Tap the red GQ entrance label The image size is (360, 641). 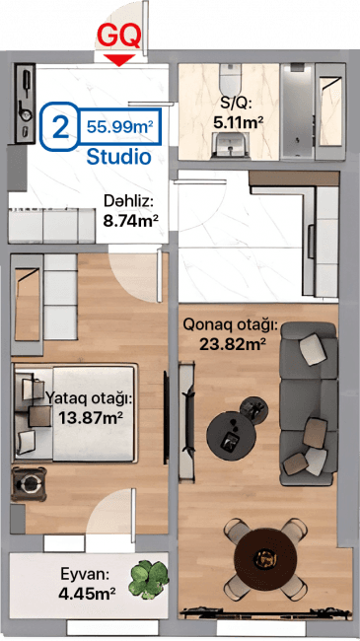(x=118, y=36)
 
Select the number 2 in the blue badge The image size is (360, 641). (x=61, y=126)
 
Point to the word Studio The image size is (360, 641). (x=118, y=156)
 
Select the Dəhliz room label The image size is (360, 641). (x=129, y=202)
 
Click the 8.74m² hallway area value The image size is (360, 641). (x=130, y=222)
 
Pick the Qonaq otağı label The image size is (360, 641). (x=231, y=324)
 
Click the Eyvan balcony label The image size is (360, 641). (x=84, y=573)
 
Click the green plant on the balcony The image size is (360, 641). (x=148, y=579)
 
